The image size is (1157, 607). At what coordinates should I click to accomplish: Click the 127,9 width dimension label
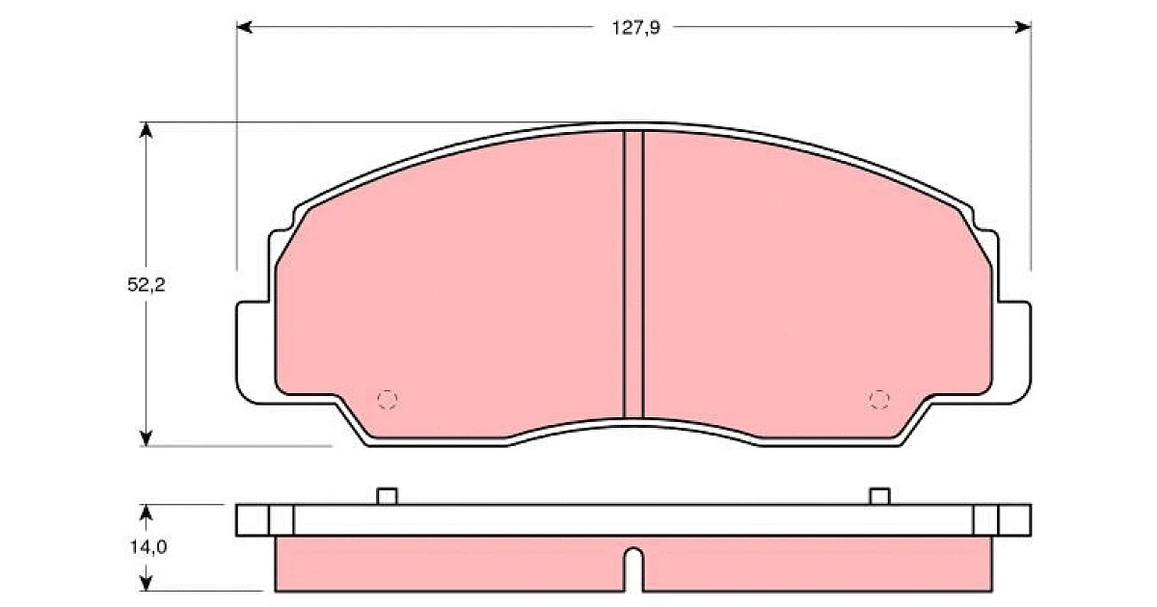point(635,28)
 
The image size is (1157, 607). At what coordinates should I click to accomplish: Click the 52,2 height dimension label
point(147,284)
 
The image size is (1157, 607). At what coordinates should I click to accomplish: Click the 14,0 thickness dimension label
point(148,546)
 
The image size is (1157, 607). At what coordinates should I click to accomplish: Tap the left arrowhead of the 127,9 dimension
point(244,27)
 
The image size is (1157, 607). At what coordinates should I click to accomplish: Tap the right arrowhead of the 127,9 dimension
point(1023,27)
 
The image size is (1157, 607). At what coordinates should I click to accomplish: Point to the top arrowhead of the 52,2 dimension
point(147,130)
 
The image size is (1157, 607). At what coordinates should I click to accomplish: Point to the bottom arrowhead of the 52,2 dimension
point(147,438)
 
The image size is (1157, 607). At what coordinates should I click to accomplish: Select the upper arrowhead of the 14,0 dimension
point(147,512)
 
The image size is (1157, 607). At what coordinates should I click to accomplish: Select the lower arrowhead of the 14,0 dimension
point(147,584)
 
